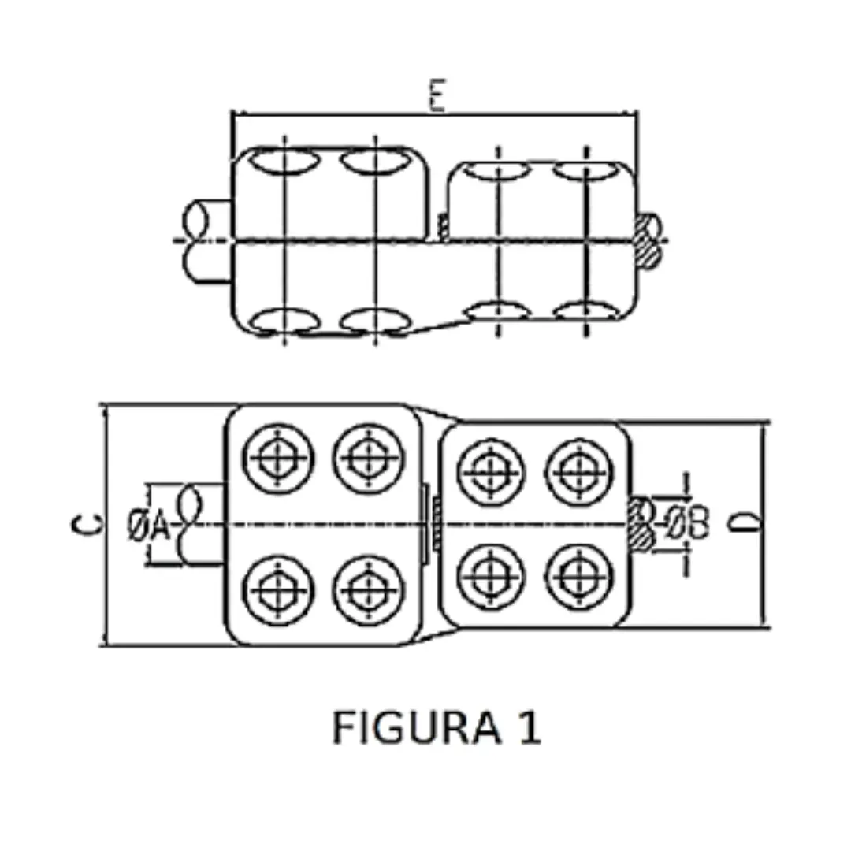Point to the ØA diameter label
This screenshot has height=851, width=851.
(149, 525)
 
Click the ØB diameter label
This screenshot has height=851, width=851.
(689, 523)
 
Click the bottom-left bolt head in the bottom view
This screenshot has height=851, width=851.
(278, 589)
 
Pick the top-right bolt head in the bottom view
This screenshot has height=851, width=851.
(580, 472)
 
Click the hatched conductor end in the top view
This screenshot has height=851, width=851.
(649, 240)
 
